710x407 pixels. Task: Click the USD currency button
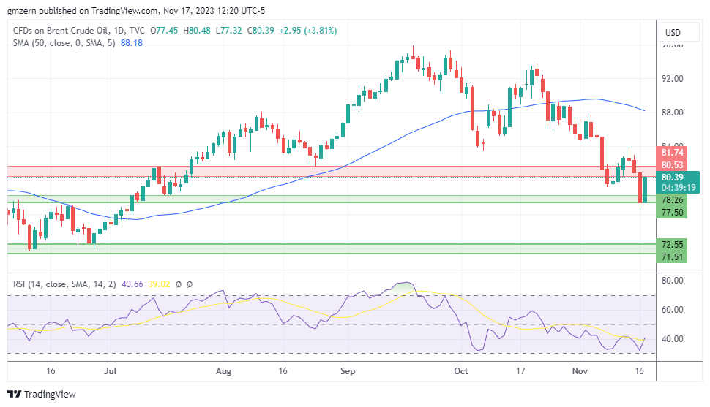[672, 33]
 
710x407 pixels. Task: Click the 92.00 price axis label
[672, 79]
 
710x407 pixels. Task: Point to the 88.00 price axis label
[672, 113]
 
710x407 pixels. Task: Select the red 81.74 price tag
[672, 153]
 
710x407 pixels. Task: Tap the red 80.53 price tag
[672, 165]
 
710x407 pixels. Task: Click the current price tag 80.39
[672, 177]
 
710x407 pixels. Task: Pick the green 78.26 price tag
[672, 200]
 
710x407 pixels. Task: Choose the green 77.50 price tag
[672, 213]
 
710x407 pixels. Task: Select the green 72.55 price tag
[672, 244]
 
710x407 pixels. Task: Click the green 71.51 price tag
[672, 256]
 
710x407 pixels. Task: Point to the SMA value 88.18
[132, 43]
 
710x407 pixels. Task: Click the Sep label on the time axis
[348, 371]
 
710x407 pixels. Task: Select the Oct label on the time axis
[461, 371]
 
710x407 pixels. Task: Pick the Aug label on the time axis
[224, 371]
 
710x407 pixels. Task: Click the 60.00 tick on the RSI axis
[672, 310]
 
